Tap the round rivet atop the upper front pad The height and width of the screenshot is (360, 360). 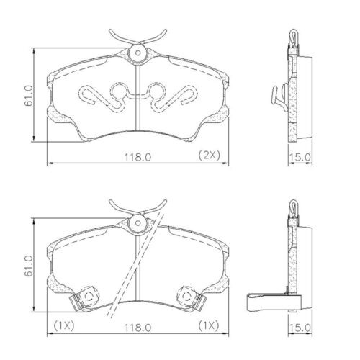click(137, 52)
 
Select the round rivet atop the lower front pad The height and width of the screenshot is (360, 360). click(137, 223)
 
